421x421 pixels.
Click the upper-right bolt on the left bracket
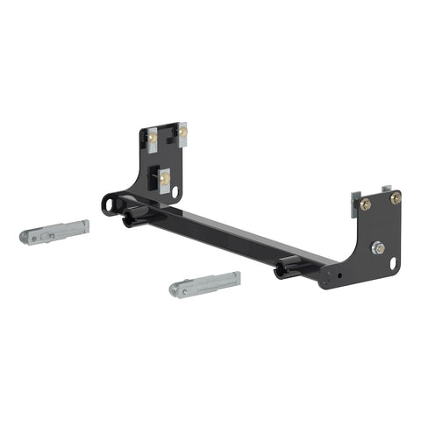pos(182,132)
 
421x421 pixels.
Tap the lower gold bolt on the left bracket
pos(165,179)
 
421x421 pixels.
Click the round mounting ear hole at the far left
pos(110,205)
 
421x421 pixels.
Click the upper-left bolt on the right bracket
pos(365,204)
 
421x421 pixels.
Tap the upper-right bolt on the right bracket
pos(395,198)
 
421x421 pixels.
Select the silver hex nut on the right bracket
pos(378,248)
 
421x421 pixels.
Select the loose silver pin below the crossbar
pos(206,284)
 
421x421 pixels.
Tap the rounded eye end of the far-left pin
pos(32,238)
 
